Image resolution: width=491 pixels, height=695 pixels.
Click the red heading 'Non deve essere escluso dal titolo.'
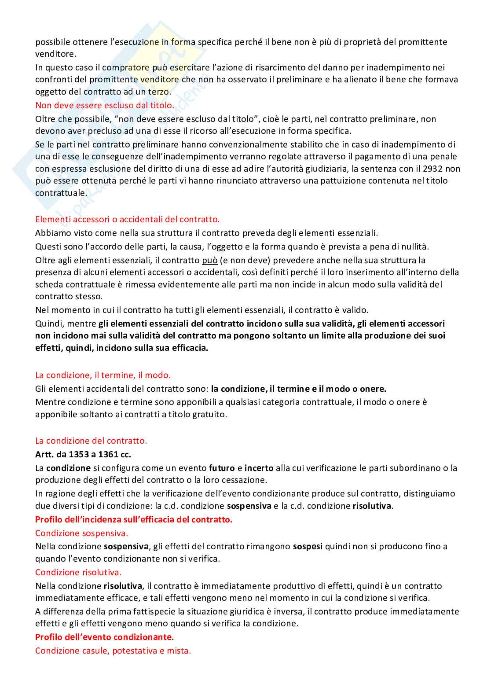tap(105, 105)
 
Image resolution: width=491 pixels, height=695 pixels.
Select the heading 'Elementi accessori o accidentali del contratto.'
tap(127, 219)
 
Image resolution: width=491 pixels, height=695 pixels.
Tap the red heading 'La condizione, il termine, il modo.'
tap(103, 375)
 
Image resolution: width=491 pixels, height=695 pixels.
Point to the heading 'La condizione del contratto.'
tap(91, 441)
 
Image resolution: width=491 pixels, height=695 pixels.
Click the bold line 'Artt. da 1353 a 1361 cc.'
tap(83, 454)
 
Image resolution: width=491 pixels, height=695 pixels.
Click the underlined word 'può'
tap(209, 260)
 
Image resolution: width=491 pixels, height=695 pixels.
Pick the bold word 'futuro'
tap(222, 468)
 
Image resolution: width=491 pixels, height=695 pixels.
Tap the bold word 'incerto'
tap(259, 468)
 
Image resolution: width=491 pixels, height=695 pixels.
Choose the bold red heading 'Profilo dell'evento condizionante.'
tap(104, 637)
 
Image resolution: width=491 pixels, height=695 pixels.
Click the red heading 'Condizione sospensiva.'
tap(81, 533)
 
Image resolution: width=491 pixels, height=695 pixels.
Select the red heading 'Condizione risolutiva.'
tap(78, 572)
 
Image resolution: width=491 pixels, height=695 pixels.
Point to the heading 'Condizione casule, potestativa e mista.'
tap(113, 651)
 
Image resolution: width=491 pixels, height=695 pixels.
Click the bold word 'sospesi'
tap(308, 546)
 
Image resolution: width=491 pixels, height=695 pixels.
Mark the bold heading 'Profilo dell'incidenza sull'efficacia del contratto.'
tap(134, 519)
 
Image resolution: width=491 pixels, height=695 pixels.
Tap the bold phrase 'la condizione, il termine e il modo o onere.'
tap(298, 389)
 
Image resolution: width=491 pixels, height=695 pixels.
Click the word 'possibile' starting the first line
tap(53, 42)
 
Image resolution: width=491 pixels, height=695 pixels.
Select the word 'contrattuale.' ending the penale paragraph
tap(61, 193)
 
